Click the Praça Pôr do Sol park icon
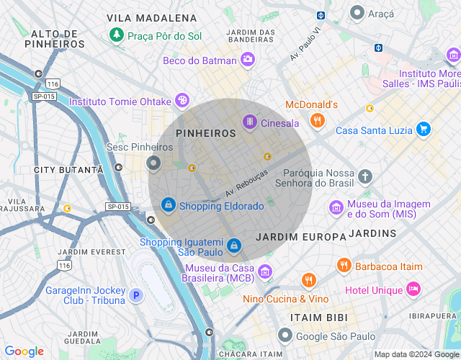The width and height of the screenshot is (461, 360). (x=116, y=35)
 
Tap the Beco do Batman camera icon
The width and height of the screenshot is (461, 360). (x=248, y=60)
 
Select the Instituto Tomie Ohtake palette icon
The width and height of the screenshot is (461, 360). (x=183, y=100)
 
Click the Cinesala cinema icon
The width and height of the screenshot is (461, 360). (x=249, y=122)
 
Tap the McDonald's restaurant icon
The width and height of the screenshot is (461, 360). (x=316, y=121)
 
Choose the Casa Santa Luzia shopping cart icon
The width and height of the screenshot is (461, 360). (x=424, y=130)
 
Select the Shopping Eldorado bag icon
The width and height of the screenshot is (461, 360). (x=168, y=205)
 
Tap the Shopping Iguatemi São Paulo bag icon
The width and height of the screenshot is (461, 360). (x=233, y=246)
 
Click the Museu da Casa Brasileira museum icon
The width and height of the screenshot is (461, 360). (x=265, y=271)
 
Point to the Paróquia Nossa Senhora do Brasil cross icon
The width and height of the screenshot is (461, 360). (x=365, y=176)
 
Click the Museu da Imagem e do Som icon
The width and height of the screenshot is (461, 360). (x=336, y=208)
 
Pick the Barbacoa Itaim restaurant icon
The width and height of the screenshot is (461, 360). (x=344, y=266)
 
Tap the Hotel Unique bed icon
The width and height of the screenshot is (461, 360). (x=413, y=289)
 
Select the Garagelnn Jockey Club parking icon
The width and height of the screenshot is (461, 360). (x=136, y=295)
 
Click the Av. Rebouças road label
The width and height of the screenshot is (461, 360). (x=246, y=183)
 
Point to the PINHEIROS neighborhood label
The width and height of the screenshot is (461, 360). (x=206, y=133)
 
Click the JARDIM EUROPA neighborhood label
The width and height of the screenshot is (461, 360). (x=300, y=236)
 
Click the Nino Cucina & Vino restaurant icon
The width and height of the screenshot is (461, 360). (x=309, y=281)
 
